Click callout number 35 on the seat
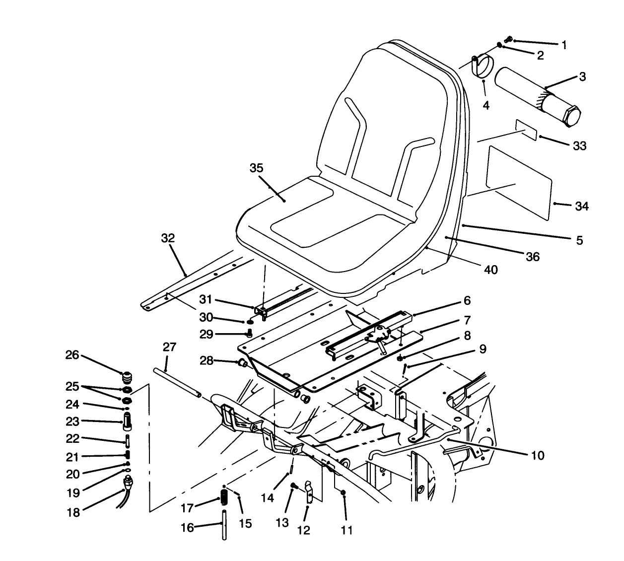coord(256,167)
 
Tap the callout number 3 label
coord(582,76)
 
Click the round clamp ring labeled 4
coord(481,68)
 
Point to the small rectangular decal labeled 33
coord(526,130)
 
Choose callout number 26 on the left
coord(72,355)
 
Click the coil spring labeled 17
coord(224,496)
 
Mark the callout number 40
coord(491,270)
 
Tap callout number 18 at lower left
coord(73,512)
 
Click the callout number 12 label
coord(303,530)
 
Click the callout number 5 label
coord(579,240)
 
